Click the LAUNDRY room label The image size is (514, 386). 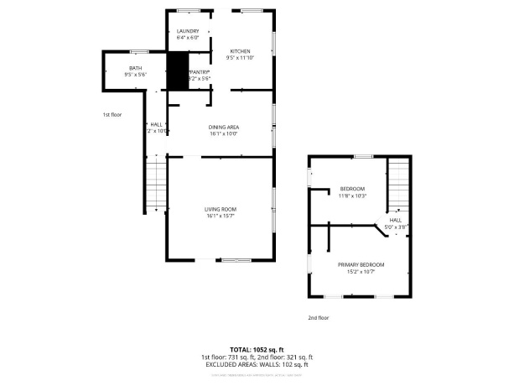pos(188,31)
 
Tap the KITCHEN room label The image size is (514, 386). pos(241,51)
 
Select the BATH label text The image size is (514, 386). pos(135,68)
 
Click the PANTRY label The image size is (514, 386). pos(199,73)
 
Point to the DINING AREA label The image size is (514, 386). pos(224,127)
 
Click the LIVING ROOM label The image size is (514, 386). pos(221,209)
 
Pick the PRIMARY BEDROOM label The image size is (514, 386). pos(361,264)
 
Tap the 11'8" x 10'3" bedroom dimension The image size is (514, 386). pos(352,196)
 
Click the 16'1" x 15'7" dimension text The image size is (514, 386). pos(221,216)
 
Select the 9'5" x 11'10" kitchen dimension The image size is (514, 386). pos(241,58)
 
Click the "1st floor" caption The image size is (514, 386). pos(112,114)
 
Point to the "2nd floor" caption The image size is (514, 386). pos(319,318)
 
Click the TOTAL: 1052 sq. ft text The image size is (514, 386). pos(257,348)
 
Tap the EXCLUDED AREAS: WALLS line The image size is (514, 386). pos(257,364)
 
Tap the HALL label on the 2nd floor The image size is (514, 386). pos(396,220)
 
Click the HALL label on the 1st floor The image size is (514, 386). pos(156,124)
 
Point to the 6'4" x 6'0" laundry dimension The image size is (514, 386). pos(188,38)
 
